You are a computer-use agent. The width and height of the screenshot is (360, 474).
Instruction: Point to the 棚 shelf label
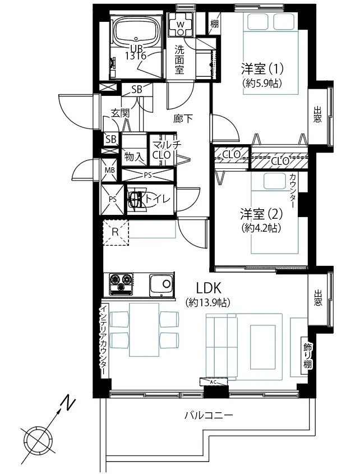pos(215,24)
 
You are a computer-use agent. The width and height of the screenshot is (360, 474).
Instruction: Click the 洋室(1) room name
pos(262,69)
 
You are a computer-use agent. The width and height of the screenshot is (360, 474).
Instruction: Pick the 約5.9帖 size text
pos(262,84)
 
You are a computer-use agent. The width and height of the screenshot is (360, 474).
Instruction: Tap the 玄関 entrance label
pos(120,113)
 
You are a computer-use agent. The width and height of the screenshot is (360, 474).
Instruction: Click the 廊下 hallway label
pos(183,118)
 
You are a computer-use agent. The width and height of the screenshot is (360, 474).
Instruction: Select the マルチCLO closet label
pos(165,150)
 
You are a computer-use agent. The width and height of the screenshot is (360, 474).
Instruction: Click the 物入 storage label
pos(133,157)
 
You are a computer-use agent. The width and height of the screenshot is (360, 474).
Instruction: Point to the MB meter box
pos(110,170)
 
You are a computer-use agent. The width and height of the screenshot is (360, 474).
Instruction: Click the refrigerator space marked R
pos(116,232)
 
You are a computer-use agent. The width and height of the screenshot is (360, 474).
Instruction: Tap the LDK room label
pos(209,288)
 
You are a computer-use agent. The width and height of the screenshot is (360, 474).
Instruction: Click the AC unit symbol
pos(213,382)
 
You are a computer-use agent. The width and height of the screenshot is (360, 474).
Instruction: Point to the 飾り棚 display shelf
pos(307,356)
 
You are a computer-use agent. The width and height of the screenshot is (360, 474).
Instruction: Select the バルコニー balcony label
pos(209,415)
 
